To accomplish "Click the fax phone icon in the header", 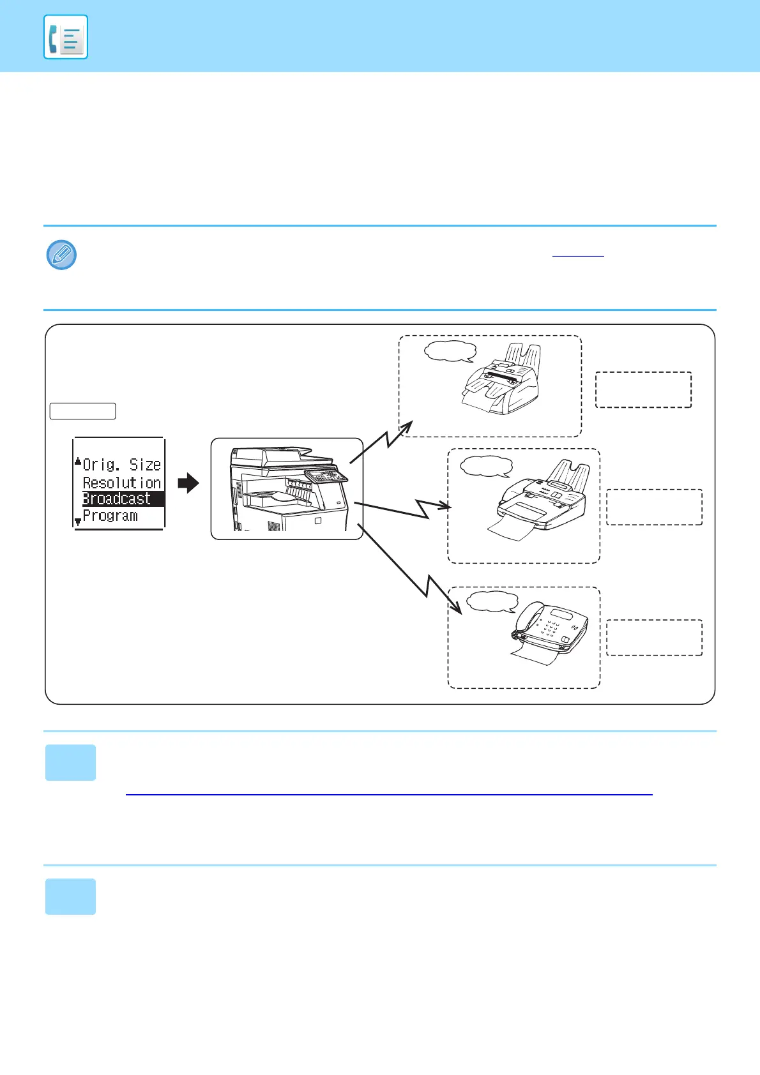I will pyautogui.click(x=65, y=38).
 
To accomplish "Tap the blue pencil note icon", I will pyautogui.click(x=61, y=255).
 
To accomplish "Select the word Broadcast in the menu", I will pyautogui.click(x=117, y=499).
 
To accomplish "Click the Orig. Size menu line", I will pyautogui.click(x=121, y=464).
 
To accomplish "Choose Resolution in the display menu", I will pyautogui.click(x=121, y=482).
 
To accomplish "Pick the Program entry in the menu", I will pyautogui.click(x=110, y=516).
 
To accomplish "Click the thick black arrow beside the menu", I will pyautogui.click(x=188, y=483).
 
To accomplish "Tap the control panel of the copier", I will pyautogui.click(x=326, y=476).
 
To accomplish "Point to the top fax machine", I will pyautogui.click(x=501, y=380).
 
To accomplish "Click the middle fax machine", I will pyautogui.click(x=543, y=498).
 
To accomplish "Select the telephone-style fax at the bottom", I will pyautogui.click(x=549, y=629).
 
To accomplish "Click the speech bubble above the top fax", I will pyautogui.click(x=450, y=351).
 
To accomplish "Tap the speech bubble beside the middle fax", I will pyautogui.click(x=487, y=467).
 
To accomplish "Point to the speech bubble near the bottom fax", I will pyautogui.click(x=492, y=601).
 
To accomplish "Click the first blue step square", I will pyautogui.click(x=70, y=762).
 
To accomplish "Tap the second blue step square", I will pyautogui.click(x=70, y=896).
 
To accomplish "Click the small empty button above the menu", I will pyautogui.click(x=82, y=411).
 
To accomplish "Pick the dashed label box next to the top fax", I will pyautogui.click(x=643, y=389).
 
